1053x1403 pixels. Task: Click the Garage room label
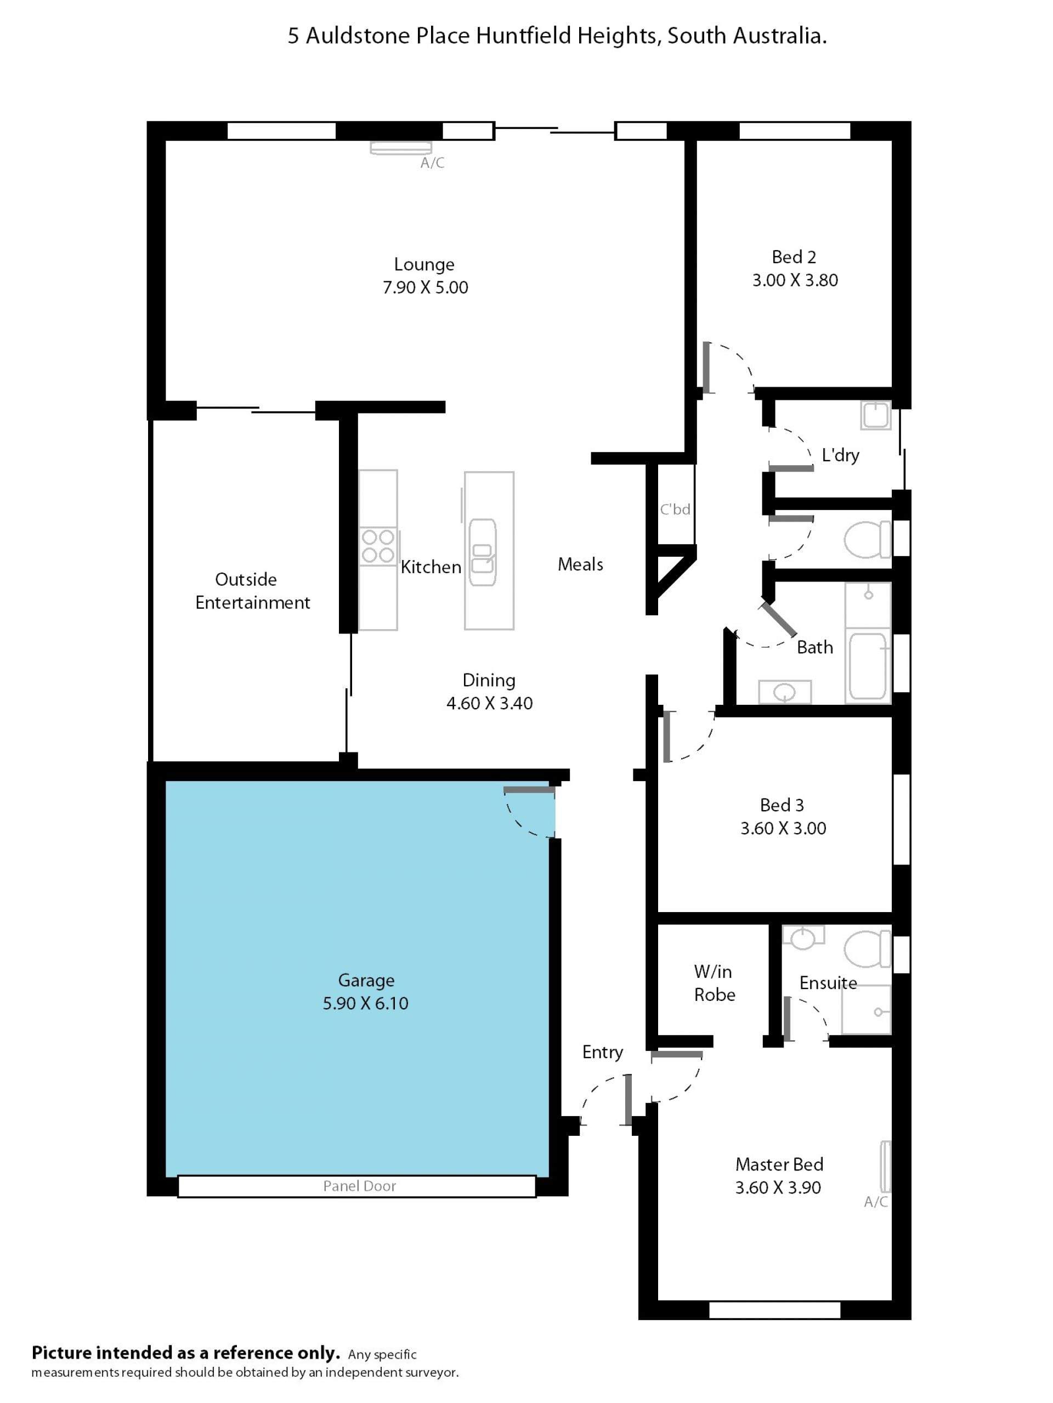tap(366, 981)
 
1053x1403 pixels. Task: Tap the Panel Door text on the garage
tap(360, 1186)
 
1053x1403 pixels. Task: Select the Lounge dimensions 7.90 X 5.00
tap(425, 287)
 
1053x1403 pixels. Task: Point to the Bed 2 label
tap(794, 257)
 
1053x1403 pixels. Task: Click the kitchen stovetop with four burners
tap(378, 546)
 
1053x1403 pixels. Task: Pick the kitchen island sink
tap(483, 552)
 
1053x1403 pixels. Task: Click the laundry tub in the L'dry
tap(876, 415)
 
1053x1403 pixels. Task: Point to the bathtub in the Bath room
tap(867, 665)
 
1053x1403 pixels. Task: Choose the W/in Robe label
tap(714, 983)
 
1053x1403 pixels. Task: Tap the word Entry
tap(603, 1052)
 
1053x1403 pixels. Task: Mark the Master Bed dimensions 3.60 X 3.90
tap(778, 1187)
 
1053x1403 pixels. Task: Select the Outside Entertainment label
tap(252, 591)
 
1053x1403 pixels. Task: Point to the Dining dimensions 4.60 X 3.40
tap(490, 703)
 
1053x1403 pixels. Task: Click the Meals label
tap(580, 564)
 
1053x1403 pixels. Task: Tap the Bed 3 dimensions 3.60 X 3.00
tap(783, 828)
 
